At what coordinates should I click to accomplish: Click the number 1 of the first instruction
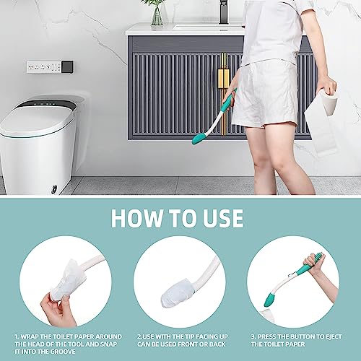click(x=16, y=337)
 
